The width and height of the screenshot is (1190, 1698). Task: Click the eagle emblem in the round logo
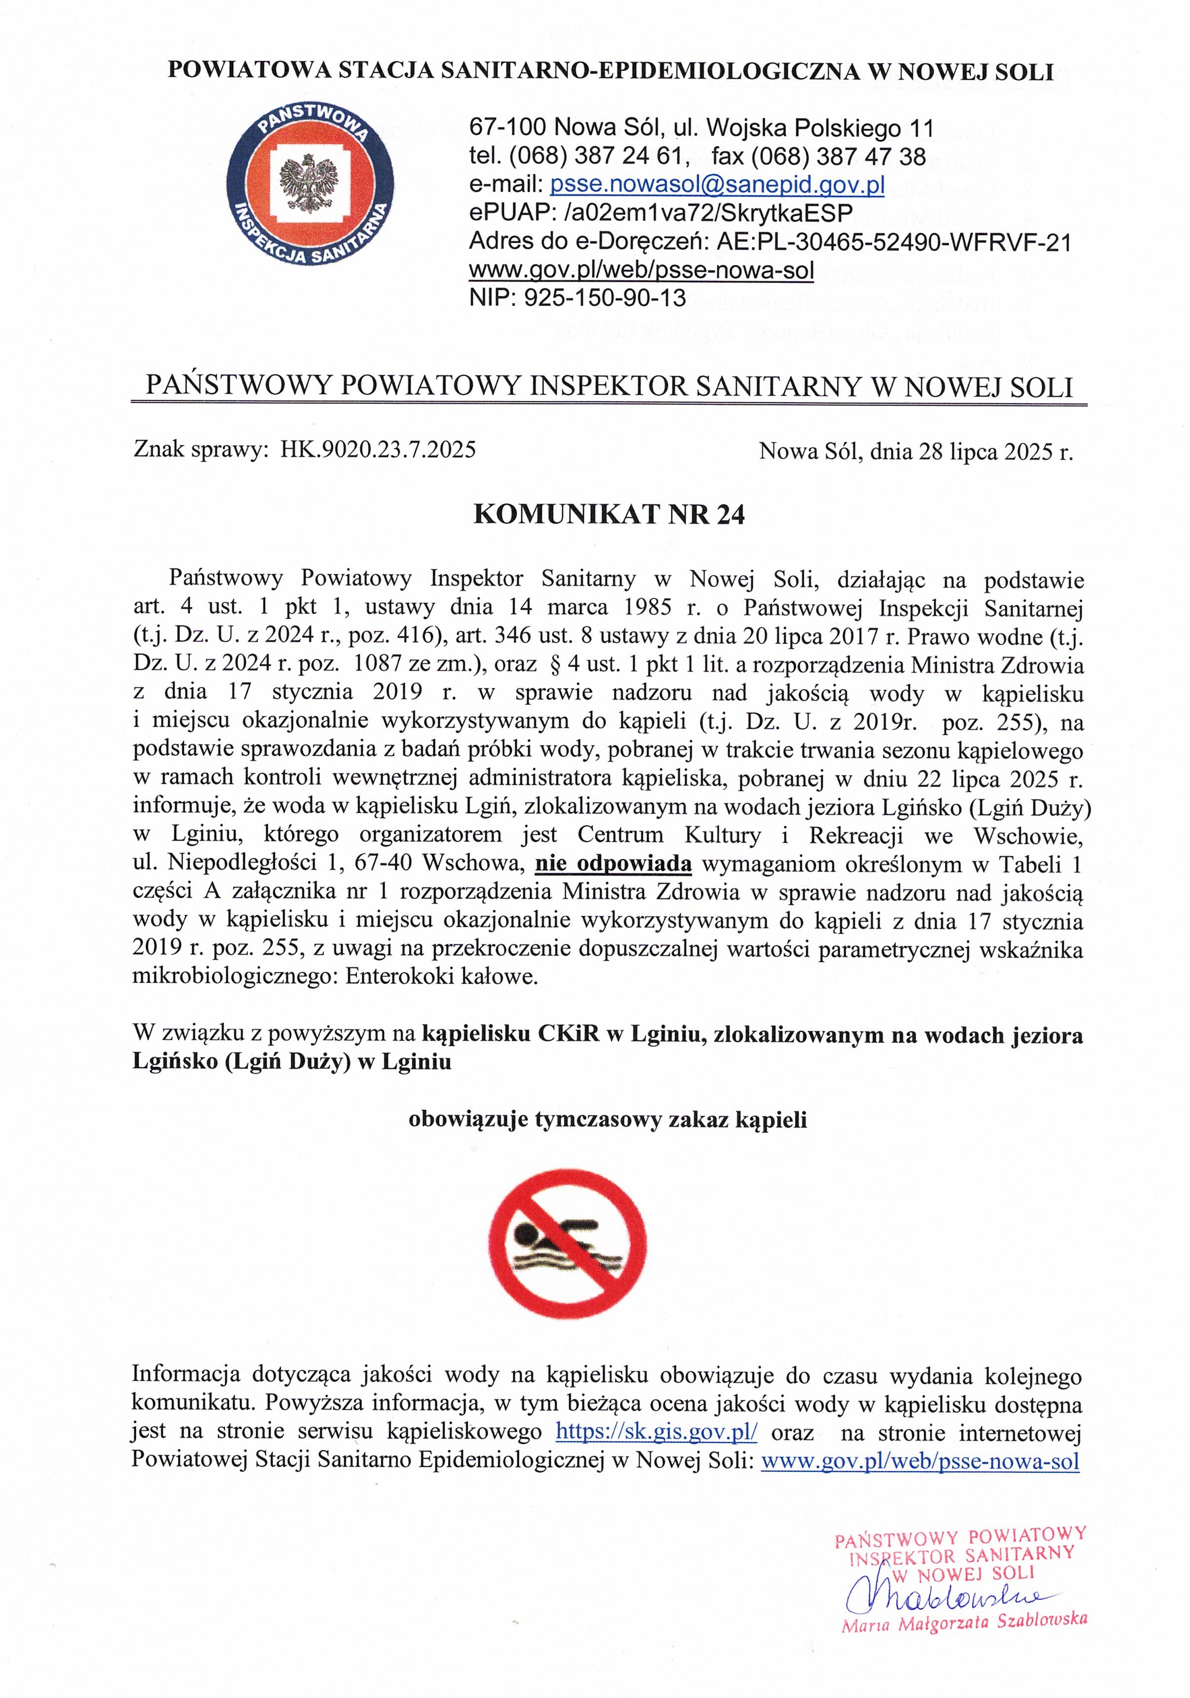tap(309, 182)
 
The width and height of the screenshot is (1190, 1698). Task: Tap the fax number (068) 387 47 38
tap(838, 157)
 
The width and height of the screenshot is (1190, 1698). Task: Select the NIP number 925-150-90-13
tap(604, 298)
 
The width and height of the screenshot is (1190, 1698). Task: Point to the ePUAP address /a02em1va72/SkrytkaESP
tap(708, 213)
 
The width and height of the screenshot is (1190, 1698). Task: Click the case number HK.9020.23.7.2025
tap(378, 450)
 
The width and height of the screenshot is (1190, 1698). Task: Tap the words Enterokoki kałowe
tap(442, 977)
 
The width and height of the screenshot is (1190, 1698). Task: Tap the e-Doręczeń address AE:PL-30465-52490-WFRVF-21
tap(894, 242)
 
